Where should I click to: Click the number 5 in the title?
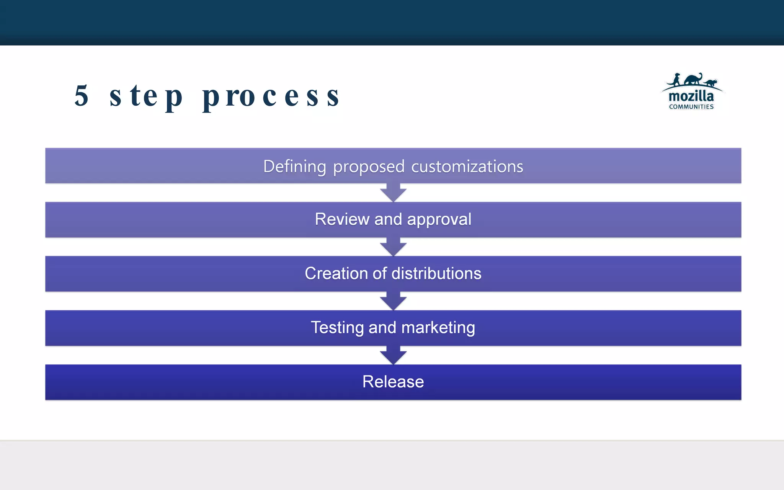point(82,96)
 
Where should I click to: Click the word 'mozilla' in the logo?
point(691,96)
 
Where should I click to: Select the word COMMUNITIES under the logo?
point(691,107)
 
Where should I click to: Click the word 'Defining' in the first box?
point(294,167)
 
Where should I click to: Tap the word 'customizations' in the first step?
point(467,167)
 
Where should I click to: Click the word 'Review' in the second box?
point(342,219)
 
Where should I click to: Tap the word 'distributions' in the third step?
point(436,273)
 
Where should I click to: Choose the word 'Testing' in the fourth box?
point(337,328)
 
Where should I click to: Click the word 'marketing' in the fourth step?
point(438,328)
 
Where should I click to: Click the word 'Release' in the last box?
point(393,382)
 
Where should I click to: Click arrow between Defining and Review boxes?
point(393,193)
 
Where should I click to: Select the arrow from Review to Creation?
point(393,247)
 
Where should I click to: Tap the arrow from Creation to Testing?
point(393,301)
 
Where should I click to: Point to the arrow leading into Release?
point(393,355)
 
